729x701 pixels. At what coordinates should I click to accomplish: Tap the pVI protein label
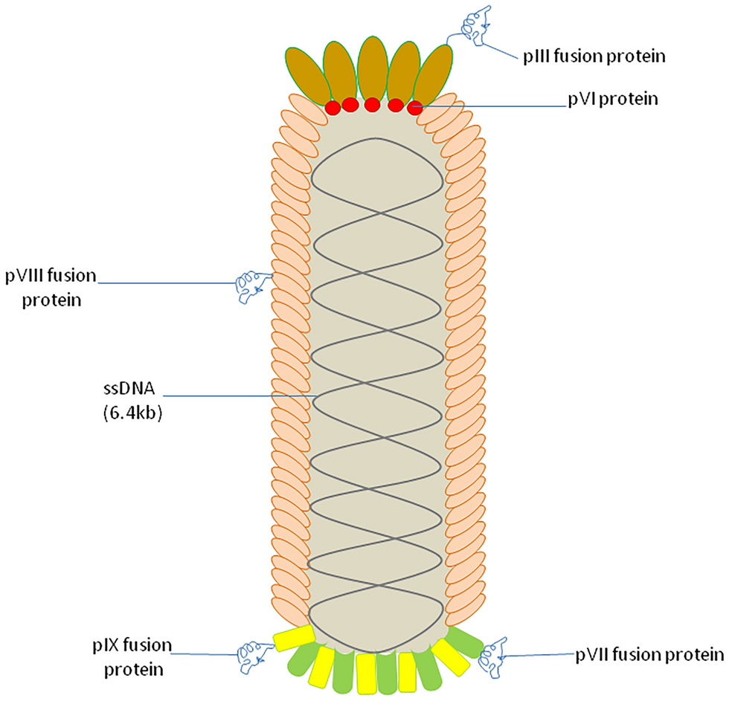point(609,99)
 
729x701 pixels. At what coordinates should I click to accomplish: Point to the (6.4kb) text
point(132,414)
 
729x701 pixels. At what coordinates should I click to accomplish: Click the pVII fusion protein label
point(649,655)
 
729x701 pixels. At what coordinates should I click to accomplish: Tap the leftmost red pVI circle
point(333,108)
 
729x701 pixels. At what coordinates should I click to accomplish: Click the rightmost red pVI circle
point(416,107)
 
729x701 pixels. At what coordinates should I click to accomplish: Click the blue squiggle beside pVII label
point(494,653)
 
